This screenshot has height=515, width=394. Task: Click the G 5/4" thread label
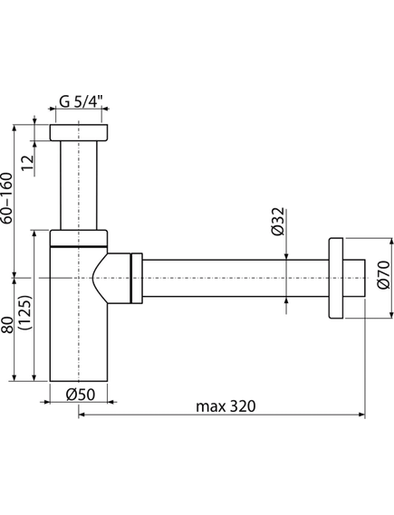coord(82,101)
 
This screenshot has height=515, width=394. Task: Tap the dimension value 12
coord(27,163)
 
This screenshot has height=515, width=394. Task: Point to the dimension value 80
coord(7,325)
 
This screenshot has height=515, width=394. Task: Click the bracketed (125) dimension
coord(25,312)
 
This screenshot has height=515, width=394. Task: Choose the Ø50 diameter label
coord(81,395)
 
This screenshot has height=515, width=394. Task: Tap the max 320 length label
coord(226,406)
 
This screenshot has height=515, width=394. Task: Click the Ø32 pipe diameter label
coord(278,222)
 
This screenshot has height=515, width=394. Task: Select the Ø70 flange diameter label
coord(383,275)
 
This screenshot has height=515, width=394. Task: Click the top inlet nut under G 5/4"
coord(79,133)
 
